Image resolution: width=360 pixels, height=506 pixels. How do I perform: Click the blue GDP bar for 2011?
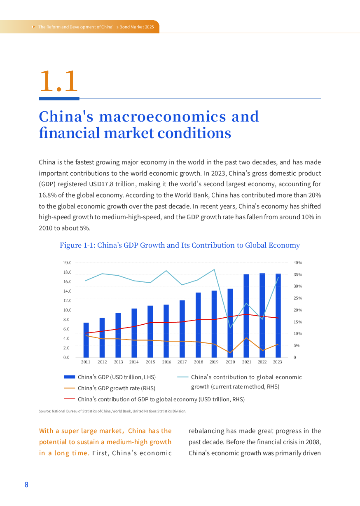point(86,340)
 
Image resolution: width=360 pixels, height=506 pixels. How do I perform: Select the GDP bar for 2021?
point(246,316)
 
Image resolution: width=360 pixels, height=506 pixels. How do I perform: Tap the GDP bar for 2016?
point(166,331)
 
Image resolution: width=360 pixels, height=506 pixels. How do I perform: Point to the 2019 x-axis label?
point(214,362)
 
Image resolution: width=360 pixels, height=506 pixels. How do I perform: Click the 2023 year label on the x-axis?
point(277,362)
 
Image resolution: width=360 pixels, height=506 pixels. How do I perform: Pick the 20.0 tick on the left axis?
point(67,262)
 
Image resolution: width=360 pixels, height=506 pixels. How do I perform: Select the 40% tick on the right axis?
point(298,262)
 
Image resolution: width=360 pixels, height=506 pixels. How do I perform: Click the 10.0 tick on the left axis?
point(67,310)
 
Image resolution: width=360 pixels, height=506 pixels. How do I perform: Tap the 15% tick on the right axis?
point(298,322)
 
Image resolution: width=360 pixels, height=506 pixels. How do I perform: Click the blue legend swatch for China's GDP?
point(69,377)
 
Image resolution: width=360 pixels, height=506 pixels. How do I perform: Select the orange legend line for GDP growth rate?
point(69,388)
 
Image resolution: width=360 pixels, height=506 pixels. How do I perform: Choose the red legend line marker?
point(69,399)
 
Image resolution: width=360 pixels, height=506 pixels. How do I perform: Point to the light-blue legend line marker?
point(183,377)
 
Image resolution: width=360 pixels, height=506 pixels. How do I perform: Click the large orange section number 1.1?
point(59,81)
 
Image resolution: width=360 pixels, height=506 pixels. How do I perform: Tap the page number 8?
point(26,485)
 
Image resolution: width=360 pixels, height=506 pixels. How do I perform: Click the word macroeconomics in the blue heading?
point(162,117)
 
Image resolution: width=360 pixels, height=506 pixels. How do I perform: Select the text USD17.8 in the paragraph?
point(101,184)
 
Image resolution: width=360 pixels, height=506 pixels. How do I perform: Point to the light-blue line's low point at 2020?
point(230,328)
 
